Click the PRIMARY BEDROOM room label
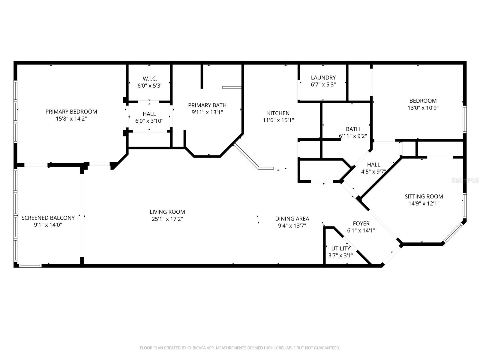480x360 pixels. pyautogui.click(x=71, y=112)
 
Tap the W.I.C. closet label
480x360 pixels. pyautogui.click(x=150, y=79)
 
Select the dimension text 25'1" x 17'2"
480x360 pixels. pyautogui.click(x=167, y=219)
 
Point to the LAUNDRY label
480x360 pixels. pyautogui.click(x=323, y=78)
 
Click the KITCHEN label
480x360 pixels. pyautogui.click(x=278, y=113)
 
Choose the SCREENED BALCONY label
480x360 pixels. pyautogui.click(x=48, y=218)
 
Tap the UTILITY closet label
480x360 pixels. pyautogui.click(x=340, y=248)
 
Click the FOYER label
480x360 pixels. pyautogui.click(x=361, y=223)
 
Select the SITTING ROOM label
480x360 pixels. pyautogui.click(x=424, y=196)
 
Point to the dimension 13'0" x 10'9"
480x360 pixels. pyautogui.click(x=423, y=108)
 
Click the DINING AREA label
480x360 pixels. pyautogui.click(x=292, y=219)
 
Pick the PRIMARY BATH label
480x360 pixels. pyautogui.click(x=207, y=105)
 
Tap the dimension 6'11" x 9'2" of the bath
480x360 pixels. pyautogui.click(x=353, y=136)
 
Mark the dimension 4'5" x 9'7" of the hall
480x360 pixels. pyautogui.click(x=373, y=172)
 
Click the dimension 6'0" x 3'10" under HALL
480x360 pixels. pyautogui.click(x=149, y=121)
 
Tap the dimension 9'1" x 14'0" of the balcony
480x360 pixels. pyautogui.click(x=48, y=225)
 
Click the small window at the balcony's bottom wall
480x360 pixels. pyautogui.click(x=30, y=265)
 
